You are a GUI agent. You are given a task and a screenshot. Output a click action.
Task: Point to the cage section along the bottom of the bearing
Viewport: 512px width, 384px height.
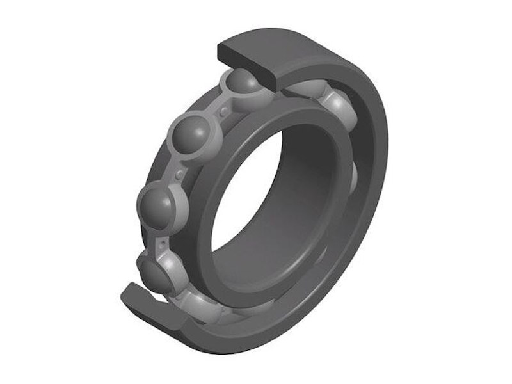[211, 307]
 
